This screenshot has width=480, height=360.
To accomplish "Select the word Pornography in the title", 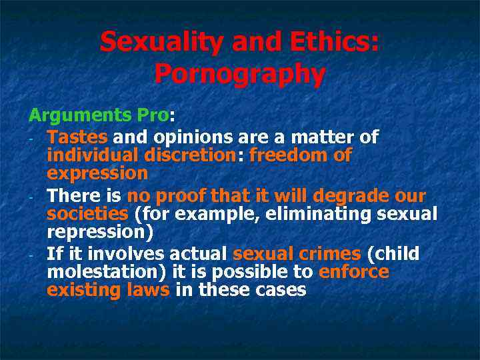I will (x=240, y=74).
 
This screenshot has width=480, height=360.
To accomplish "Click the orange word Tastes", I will (x=77, y=137).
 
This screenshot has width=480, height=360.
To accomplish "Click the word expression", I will (x=97, y=173).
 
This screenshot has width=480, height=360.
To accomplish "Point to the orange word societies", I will (x=87, y=214).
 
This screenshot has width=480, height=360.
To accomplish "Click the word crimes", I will (x=323, y=254).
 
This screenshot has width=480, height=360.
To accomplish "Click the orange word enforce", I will (x=353, y=272).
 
